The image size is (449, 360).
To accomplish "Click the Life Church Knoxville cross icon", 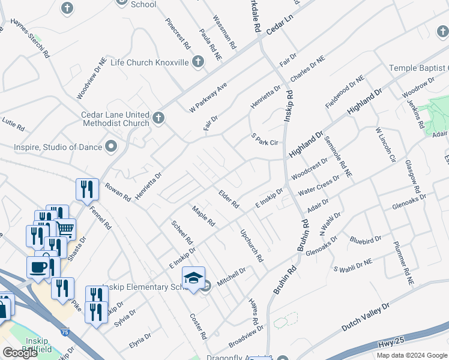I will [198, 62].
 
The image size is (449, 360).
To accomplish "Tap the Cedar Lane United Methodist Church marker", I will [158, 117].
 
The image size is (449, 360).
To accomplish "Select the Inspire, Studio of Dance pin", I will [111, 146].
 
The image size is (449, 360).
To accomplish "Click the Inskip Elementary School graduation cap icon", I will [193, 278].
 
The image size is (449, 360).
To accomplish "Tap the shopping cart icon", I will [65, 228].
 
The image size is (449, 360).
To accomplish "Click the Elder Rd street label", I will [229, 200].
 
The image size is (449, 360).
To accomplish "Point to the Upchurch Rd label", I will [252, 246].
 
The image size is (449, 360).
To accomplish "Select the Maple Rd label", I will [203, 216].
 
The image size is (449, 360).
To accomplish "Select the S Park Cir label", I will [265, 140].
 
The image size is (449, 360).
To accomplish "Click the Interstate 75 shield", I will [65, 330].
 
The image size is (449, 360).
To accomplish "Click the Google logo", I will [20, 353].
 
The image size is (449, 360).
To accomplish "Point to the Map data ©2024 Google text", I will [411, 355].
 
